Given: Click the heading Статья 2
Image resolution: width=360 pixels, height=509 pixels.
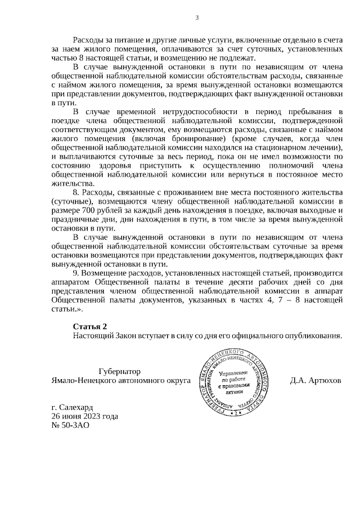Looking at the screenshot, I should point(89,326).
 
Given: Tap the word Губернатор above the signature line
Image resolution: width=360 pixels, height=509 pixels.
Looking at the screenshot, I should point(119,372).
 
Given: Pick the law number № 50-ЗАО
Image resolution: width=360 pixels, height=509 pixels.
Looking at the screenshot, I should point(70,425).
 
